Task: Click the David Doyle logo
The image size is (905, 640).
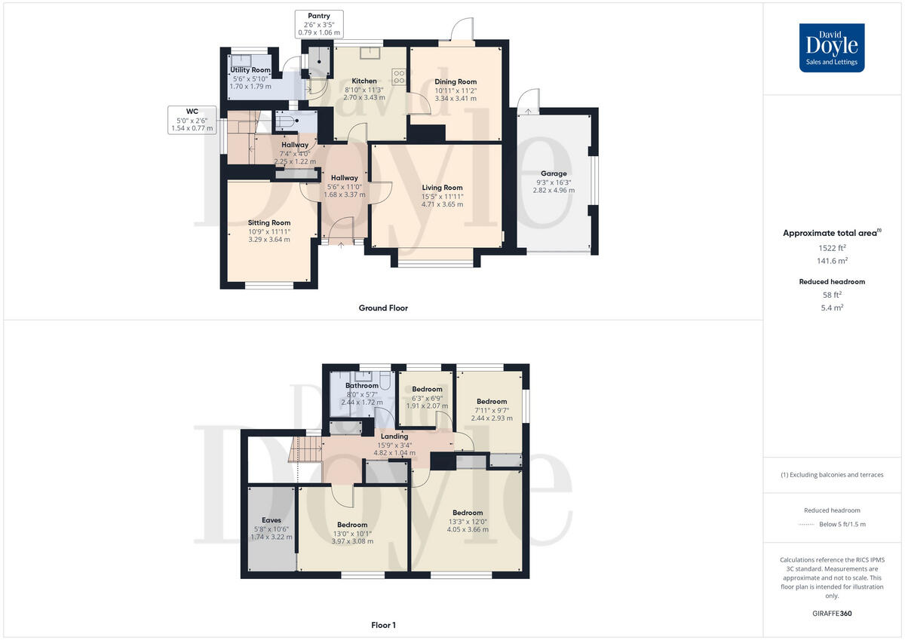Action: [832, 47]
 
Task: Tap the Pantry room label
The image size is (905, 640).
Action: [318, 16]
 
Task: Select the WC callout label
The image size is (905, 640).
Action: [192, 112]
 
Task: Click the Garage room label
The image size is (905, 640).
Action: [554, 173]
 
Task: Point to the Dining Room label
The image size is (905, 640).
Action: [456, 81]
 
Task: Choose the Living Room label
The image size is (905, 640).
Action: [442, 188]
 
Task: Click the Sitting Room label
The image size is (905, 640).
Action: [269, 223]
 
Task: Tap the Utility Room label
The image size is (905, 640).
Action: [250, 70]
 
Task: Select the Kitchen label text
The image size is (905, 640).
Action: [364, 81]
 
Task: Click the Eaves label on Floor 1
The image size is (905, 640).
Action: [271, 520]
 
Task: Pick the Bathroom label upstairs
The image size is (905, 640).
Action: [362, 386]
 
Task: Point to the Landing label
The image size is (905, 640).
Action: [394, 436]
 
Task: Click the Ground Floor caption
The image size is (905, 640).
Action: [383, 308]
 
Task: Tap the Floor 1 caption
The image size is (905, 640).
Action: [383, 625]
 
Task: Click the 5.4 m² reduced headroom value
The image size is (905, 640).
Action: [832, 308]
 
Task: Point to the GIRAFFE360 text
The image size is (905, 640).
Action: [832, 614]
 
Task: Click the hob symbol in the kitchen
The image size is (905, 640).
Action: [399, 75]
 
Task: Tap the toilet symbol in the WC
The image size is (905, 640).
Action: [289, 121]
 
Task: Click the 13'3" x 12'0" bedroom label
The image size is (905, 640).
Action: [468, 521]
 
